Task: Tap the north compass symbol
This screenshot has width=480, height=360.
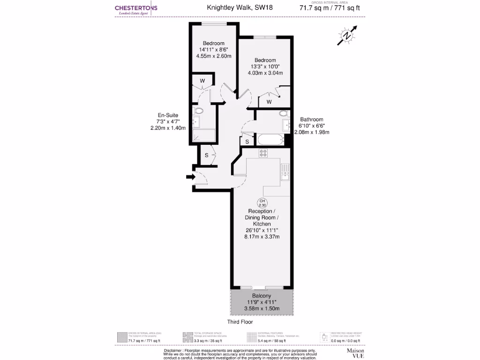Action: [x=347, y=35]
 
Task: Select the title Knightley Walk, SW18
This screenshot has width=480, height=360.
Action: [x=233, y=7]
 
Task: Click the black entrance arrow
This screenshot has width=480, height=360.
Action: [x=189, y=177]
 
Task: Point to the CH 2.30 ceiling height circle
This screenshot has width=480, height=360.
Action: [x=262, y=203]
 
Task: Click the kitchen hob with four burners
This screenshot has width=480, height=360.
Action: [x=263, y=153]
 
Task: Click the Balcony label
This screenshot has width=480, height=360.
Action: [x=261, y=296]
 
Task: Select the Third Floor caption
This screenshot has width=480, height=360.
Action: [x=240, y=322]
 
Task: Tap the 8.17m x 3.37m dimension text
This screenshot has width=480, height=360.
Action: [x=262, y=237]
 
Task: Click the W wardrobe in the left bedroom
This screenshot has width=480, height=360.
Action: [x=202, y=80]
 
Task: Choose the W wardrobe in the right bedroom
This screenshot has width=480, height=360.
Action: [x=269, y=102]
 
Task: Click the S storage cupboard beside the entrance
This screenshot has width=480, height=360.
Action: [x=206, y=155]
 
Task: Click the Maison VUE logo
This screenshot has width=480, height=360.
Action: [x=355, y=353]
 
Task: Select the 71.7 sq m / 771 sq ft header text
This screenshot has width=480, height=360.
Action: [x=330, y=7]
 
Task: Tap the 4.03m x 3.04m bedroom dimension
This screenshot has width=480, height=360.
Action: [x=265, y=73]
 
